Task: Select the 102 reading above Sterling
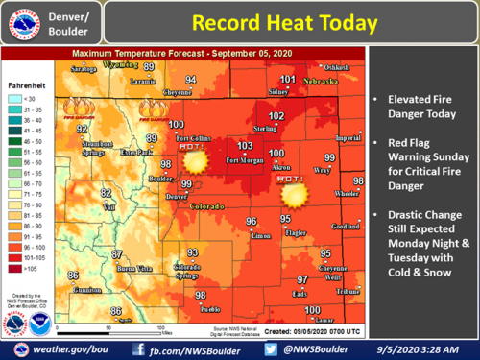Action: [276, 116]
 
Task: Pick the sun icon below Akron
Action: [294, 194]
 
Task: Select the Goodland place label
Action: [346, 227]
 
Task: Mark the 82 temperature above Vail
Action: [106, 193]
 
